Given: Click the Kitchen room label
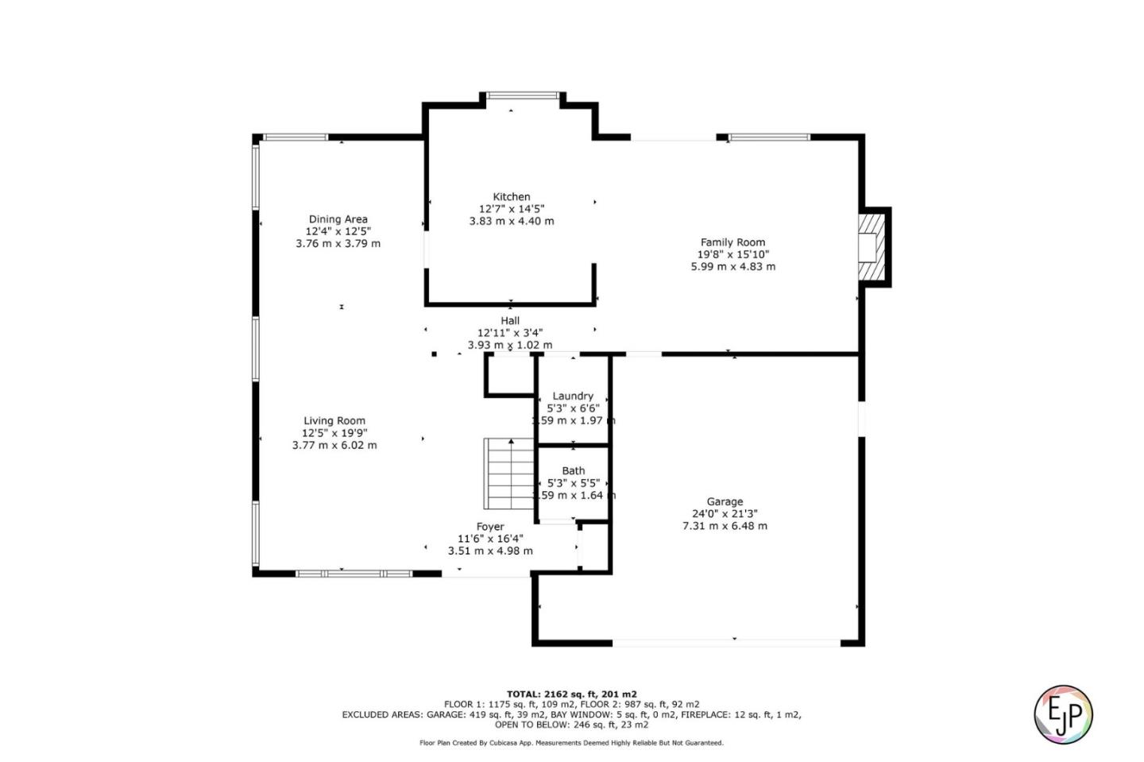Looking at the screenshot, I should coord(511,196).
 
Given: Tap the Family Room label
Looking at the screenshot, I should coord(732,242).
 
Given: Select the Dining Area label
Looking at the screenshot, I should coord(338,219).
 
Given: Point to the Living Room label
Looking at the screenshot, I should coord(334,421).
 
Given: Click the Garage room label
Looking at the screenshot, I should coord(725,501).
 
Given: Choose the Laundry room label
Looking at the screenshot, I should coord(573,396).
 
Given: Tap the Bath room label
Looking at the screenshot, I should coord(573,470).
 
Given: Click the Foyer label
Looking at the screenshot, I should coord(490,527).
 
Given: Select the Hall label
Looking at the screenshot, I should coord(510,321).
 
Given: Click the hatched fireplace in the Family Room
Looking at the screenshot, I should coord(871,246).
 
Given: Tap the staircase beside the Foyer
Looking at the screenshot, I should coord(508,474).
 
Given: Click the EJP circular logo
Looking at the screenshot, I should coord(1063,714).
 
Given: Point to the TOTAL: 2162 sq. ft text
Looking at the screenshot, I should coord(571,694).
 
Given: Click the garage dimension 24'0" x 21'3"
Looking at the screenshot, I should coord(725,513).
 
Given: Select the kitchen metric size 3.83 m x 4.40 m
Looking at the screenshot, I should coord(511,221).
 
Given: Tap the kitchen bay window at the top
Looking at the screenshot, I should coord(522,95).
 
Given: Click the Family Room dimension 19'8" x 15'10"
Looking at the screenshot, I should coord(732,254).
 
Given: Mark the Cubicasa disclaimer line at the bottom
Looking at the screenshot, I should coord(571,743).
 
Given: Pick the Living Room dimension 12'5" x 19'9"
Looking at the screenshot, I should coord(334,433).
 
